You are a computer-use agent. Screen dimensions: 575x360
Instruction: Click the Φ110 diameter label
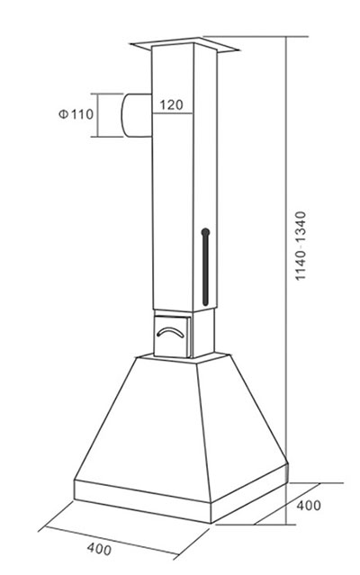click(75, 114)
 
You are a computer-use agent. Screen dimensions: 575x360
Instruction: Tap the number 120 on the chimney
click(173, 105)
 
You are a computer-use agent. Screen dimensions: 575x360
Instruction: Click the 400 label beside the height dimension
click(308, 506)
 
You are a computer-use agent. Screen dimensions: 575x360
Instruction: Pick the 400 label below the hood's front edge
click(100, 547)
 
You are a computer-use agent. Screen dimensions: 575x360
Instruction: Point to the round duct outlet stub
click(135, 115)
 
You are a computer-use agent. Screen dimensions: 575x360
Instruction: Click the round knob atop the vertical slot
click(206, 231)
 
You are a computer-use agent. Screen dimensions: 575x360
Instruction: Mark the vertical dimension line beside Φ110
click(97, 115)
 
